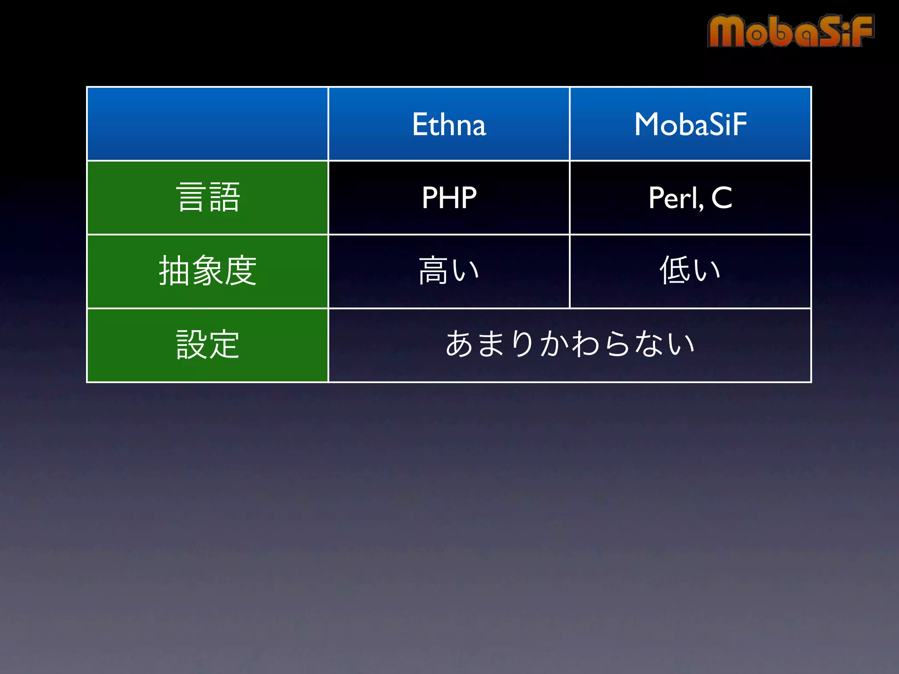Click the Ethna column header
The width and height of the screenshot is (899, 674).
tap(449, 124)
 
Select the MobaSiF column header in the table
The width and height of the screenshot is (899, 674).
tap(690, 124)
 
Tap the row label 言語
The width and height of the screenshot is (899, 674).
tap(208, 197)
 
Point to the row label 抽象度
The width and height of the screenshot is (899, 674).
tap(208, 271)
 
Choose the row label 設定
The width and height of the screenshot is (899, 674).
tap(208, 345)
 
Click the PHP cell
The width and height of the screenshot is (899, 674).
tap(449, 197)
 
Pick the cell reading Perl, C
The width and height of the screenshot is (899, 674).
tap(690, 197)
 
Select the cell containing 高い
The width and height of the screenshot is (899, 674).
tap(449, 271)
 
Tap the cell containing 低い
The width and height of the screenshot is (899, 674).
tap(690, 271)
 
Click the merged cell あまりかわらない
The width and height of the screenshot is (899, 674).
tap(569, 345)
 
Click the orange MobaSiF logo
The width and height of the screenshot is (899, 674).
tap(790, 31)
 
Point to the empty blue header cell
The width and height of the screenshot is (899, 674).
tap(208, 124)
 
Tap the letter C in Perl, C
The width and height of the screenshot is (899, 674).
tap(721, 197)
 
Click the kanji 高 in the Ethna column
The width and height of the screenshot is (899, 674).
tap(433, 271)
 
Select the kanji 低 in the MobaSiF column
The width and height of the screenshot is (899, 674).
tap(674, 271)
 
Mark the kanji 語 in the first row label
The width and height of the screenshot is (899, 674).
tap(224, 197)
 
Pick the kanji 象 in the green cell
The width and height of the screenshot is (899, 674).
tap(208, 271)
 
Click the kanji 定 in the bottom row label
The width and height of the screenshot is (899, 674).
tap(224, 345)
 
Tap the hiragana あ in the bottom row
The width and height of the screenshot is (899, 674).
tap(459, 344)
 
